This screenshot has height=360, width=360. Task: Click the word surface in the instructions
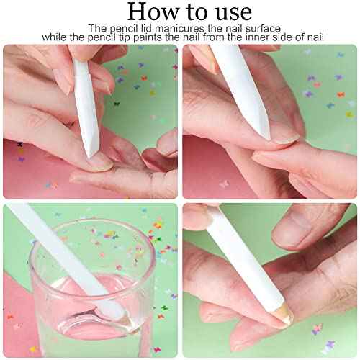(253, 27)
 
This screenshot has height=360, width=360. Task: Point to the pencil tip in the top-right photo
(264, 134)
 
